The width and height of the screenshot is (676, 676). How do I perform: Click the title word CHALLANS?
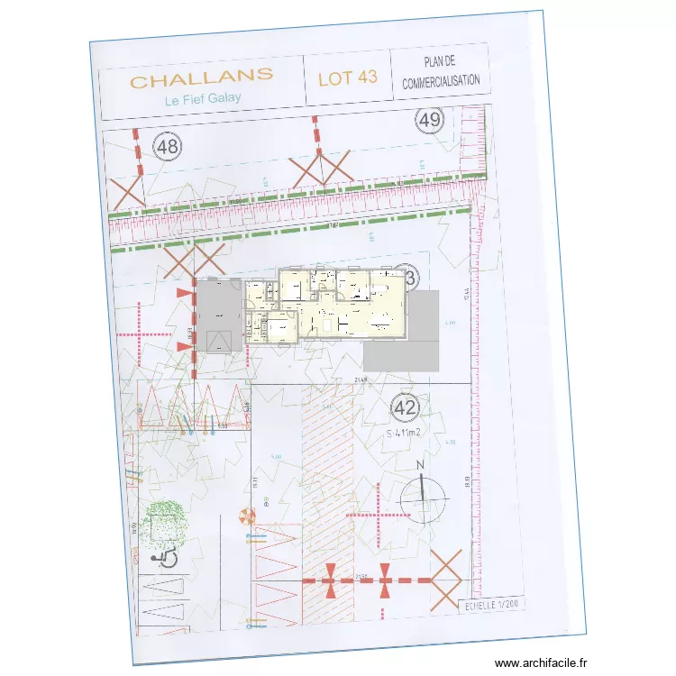click(x=202, y=81)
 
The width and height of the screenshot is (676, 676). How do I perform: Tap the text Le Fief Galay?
click(x=203, y=100)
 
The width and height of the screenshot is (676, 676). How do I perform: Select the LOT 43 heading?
click(x=347, y=78)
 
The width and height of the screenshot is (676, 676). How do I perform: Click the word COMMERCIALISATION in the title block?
click(x=442, y=82)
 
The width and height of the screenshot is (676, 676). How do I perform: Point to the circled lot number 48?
click(x=167, y=146)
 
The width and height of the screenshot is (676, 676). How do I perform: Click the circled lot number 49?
click(x=430, y=120)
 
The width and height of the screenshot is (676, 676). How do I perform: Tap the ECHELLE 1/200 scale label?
click(x=492, y=607)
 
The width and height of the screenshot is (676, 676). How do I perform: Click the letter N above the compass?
click(x=419, y=466)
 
